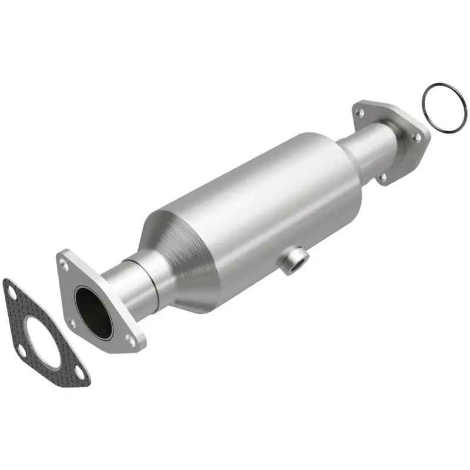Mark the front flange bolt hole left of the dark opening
pos(72,323)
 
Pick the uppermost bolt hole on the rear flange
pos(359,110)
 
